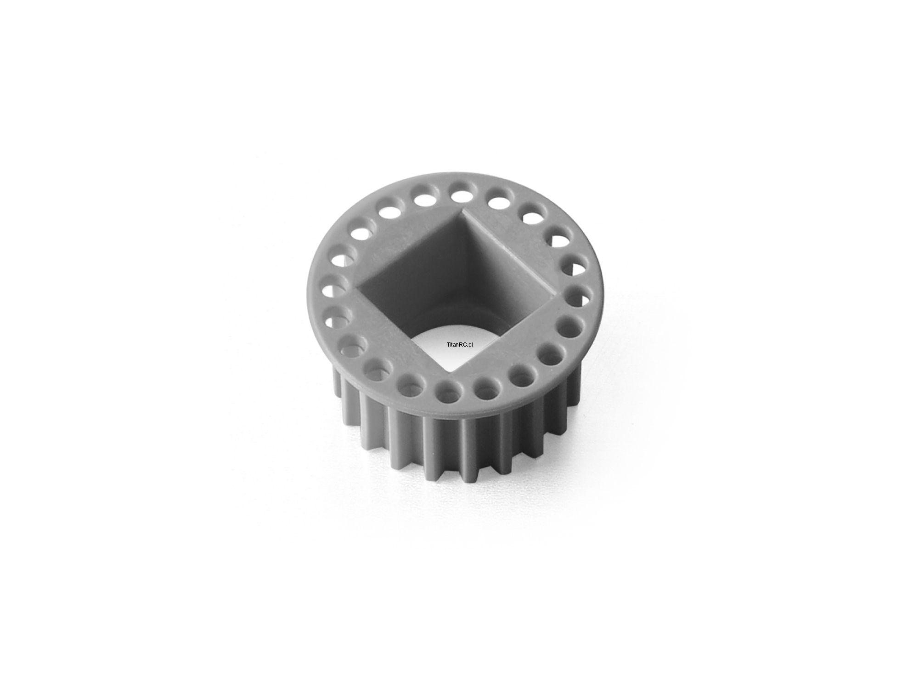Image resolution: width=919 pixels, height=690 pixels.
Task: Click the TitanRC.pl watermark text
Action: click(459, 345)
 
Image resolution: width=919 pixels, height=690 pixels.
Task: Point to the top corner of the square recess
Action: click(465, 210)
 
